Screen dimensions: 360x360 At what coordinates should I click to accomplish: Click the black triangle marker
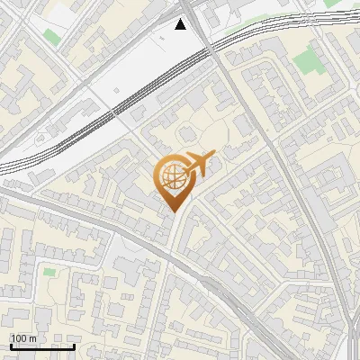[182, 24]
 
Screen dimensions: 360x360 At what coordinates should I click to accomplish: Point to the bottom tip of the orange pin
[171, 212]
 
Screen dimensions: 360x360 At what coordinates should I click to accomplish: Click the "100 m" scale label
[23, 338]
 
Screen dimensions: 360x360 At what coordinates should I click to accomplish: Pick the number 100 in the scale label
[19, 338]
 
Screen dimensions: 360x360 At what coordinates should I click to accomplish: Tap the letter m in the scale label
[32, 338]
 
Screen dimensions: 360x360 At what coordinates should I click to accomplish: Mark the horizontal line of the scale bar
[42, 346]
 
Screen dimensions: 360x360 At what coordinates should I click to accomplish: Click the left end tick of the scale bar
[11, 346]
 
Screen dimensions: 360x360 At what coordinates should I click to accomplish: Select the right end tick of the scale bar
[74, 346]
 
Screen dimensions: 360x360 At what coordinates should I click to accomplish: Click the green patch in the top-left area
[51, 38]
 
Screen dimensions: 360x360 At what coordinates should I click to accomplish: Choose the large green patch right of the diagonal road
[306, 62]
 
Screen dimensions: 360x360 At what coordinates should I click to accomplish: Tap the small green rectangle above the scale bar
[49, 270]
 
